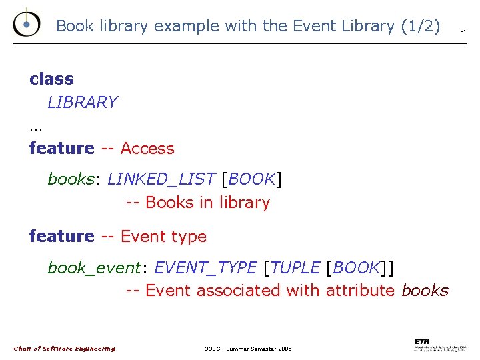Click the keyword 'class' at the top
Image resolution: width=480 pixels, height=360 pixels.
coord(51,79)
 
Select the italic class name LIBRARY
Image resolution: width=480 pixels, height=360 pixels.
coord(82,103)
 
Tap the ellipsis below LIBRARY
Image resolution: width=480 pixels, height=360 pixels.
coord(35,127)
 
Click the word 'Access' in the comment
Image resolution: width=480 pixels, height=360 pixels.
coord(147,149)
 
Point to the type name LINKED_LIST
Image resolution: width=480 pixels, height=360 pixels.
coord(161,179)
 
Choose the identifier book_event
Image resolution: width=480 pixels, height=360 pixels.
coord(94,268)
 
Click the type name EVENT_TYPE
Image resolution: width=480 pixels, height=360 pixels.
coord(205,268)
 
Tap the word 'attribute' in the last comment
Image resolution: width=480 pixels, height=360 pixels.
coord(360,291)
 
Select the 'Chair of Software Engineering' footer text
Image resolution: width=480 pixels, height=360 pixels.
coord(64,349)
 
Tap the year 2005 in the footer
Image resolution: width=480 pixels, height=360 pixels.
coord(284,349)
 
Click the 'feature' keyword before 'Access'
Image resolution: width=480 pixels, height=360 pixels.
coord(62,148)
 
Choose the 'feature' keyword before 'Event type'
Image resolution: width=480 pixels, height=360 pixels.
coord(62,236)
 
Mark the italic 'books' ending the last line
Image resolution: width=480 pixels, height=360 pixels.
coord(425,291)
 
